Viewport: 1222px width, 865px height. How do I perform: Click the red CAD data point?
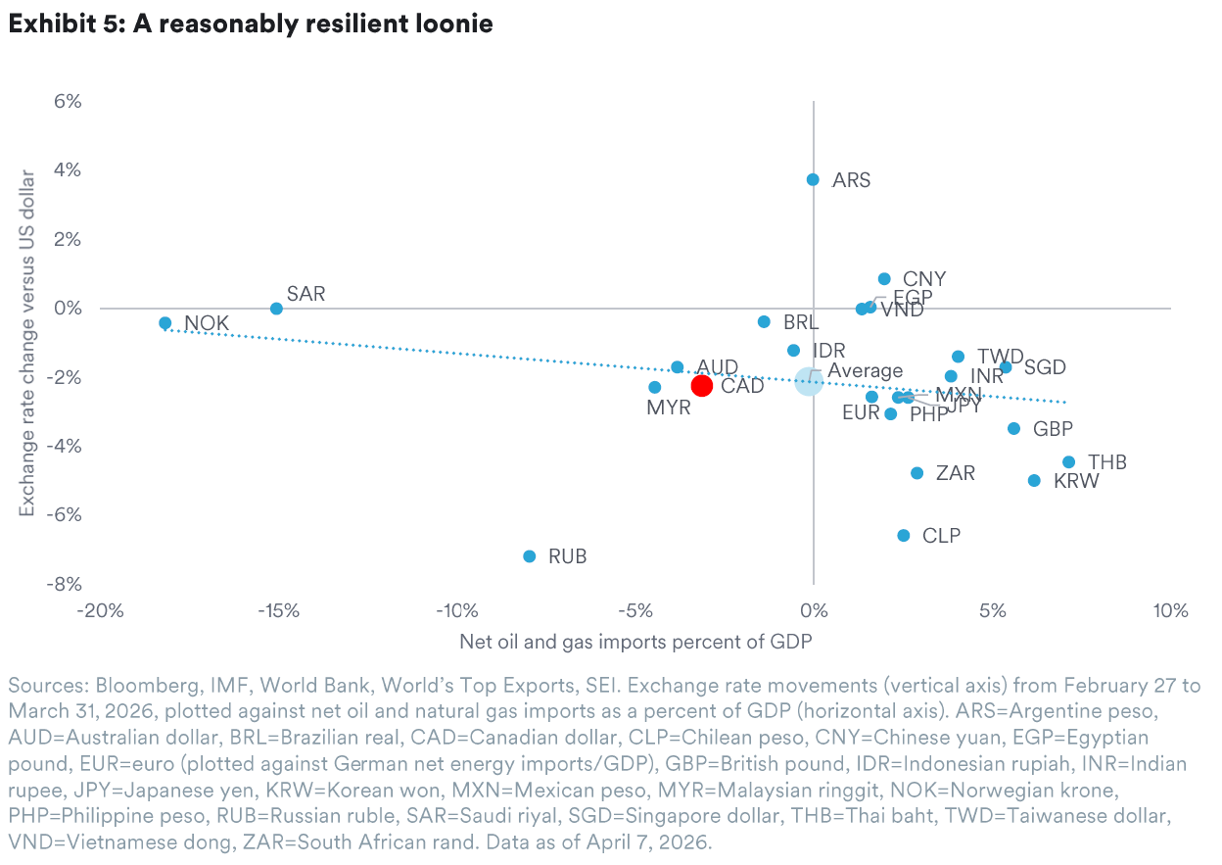[x=701, y=385]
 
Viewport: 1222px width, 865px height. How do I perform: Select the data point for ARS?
[x=813, y=179]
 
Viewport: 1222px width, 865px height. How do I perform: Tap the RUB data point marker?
[x=530, y=556]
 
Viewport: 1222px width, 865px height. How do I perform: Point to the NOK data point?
[x=164, y=322]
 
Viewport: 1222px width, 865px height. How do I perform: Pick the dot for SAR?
[x=276, y=308]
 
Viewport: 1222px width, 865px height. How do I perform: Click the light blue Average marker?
[x=808, y=381]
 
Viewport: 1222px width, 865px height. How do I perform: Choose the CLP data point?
[x=903, y=536]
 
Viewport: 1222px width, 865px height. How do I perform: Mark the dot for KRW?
[x=1034, y=480]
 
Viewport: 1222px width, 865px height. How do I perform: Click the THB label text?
[x=1107, y=462]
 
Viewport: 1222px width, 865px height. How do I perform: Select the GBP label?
[x=1053, y=429]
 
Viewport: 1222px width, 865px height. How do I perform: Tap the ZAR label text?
[x=955, y=474]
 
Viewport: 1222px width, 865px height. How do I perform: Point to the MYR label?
[x=669, y=408]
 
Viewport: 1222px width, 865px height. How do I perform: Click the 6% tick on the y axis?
[x=68, y=102]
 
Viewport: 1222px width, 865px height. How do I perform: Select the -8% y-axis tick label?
[x=65, y=584]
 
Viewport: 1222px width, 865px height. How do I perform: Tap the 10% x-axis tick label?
[x=1169, y=611]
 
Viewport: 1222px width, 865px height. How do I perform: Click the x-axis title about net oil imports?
[x=635, y=643]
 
